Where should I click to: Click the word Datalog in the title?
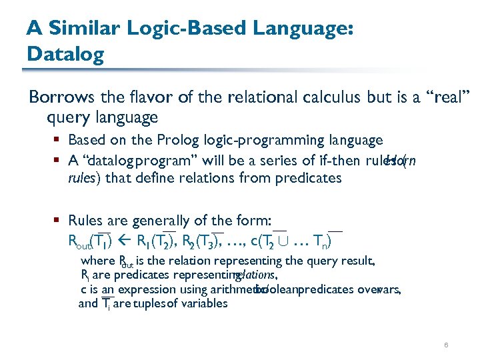click(x=65, y=53)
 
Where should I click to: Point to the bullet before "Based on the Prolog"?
click(x=60, y=141)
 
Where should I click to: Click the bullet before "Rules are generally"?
click(x=60, y=221)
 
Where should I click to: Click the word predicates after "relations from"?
click(x=309, y=178)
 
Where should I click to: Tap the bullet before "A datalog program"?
click(x=60, y=160)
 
